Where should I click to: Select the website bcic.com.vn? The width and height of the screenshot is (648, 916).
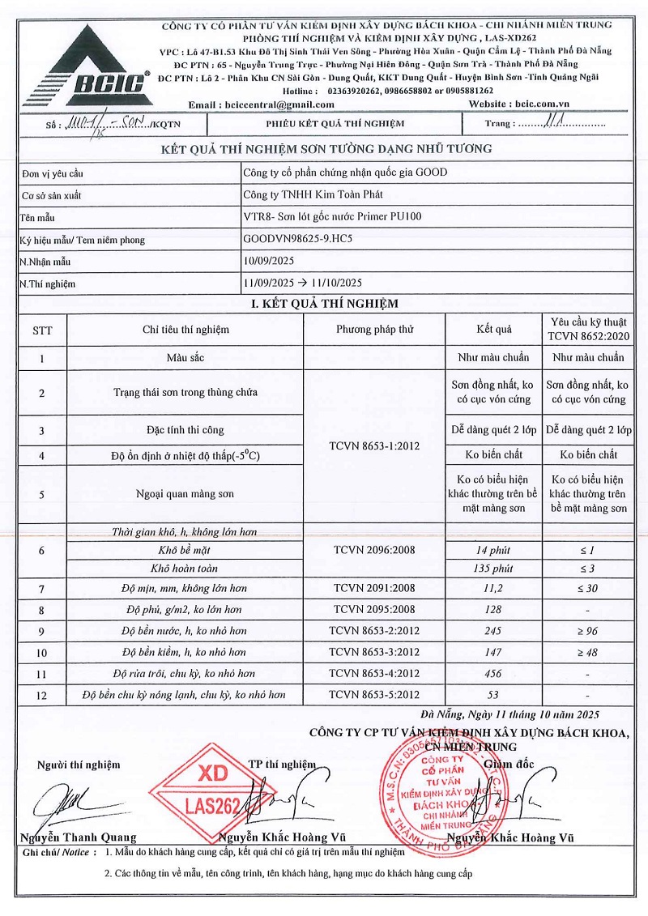[542, 104]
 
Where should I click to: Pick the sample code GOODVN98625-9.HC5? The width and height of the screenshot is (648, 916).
[298, 240]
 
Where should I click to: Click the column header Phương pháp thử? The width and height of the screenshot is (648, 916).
[374, 330]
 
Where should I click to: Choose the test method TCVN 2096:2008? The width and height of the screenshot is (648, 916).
[374, 551]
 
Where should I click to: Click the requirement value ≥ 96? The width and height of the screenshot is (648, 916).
[587, 631]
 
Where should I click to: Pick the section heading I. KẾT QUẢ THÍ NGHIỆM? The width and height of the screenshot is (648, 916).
[324, 304]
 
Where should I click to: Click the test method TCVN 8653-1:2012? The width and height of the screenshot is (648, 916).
[374, 445]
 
